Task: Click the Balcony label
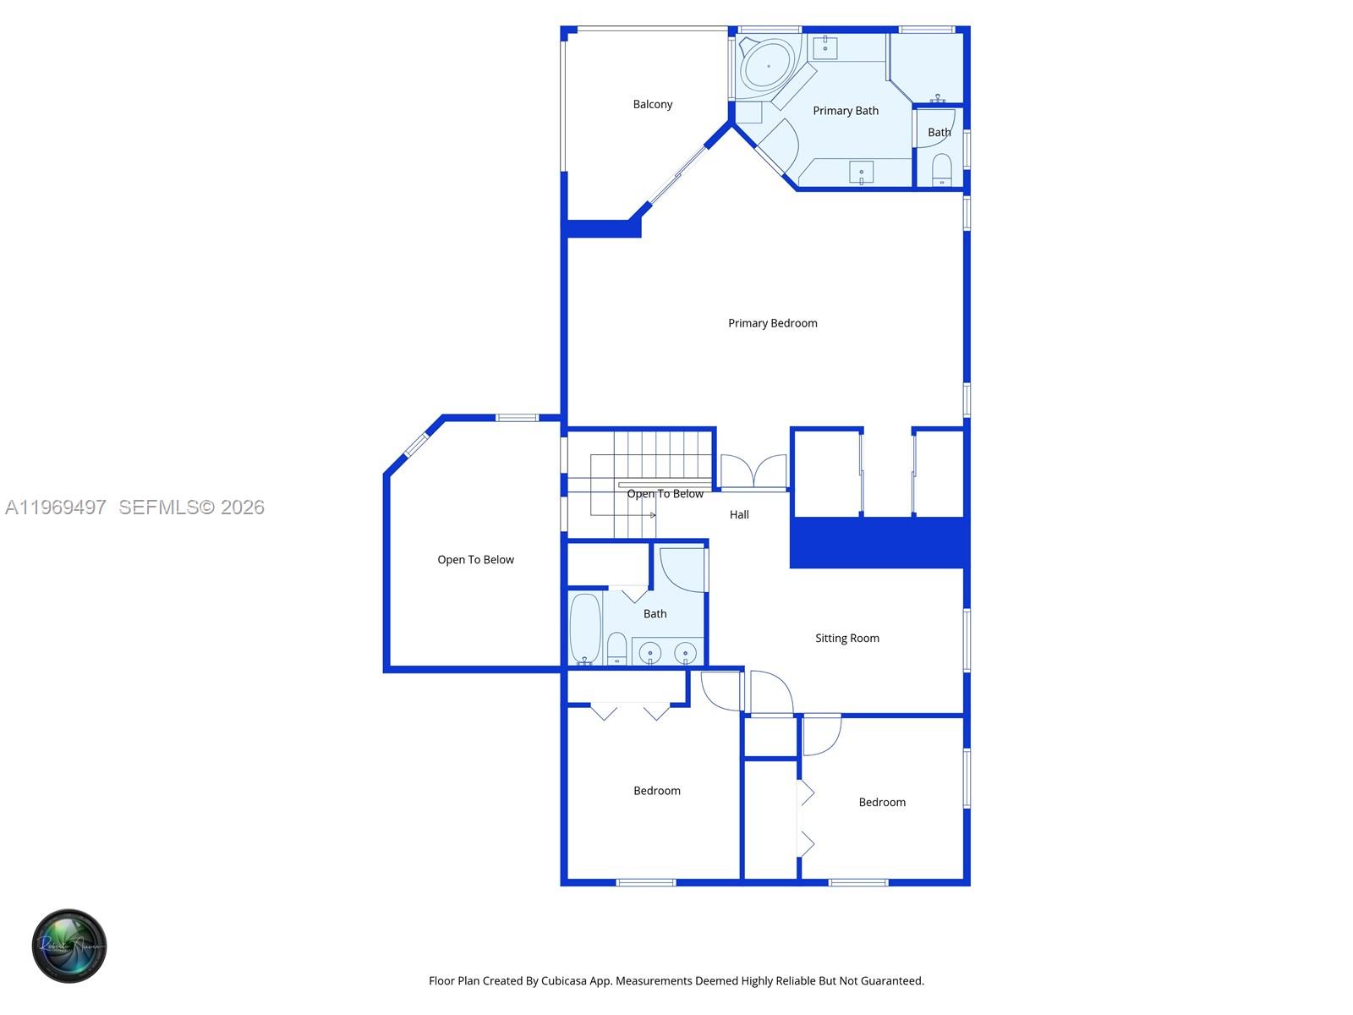pyautogui.click(x=653, y=104)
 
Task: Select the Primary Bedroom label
pyautogui.click(x=772, y=323)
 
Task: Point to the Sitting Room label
pyautogui.click(x=846, y=639)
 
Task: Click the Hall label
pyautogui.click(x=739, y=514)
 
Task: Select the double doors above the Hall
pyautogui.click(x=753, y=472)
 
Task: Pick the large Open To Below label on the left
pyautogui.click(x=475, y=560)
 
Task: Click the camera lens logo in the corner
pyautogui.click(x=69, y=946)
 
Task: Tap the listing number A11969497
pyautogui.click(x=56, y=507)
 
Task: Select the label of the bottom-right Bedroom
pyautogui.click(x=882, y=803)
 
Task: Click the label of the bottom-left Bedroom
pyautogui.click(x=657, y=791)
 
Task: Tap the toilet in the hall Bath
pyautogui.click(x=616, y=649)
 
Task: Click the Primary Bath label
pyautogui.click(x=846, y=111)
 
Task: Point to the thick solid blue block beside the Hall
pyautogui.click(x=879, y=542)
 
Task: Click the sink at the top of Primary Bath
pyautogui.click(x=825, y=47)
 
